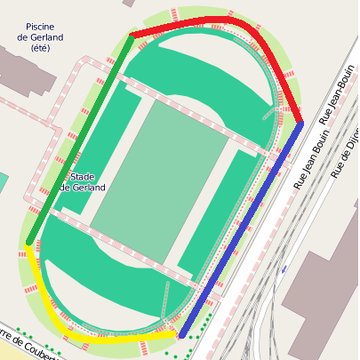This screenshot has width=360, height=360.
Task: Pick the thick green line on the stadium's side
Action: [80, 140]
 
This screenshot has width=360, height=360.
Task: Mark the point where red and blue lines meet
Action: [301, 123]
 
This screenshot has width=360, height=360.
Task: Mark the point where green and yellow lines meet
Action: [28, 244]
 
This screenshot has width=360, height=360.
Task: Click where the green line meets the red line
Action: [131, 36]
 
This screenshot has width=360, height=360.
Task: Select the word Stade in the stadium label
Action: [83, 175]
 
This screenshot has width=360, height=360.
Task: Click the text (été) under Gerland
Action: [40, 47]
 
